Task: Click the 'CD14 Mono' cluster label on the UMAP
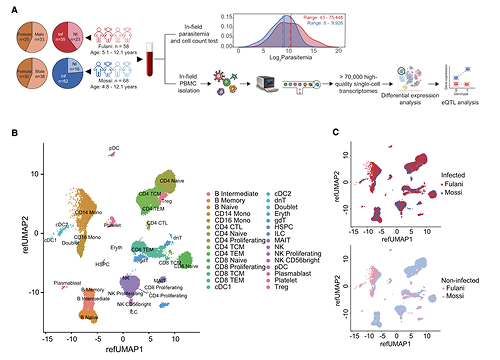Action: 86,212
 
